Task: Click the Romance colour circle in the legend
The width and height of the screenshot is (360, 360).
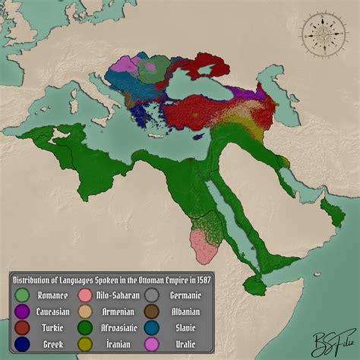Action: [x=24, y=295]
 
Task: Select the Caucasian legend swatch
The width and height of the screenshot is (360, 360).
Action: [x=24, y=311]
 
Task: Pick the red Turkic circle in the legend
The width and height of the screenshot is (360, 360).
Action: [x=24, y=327]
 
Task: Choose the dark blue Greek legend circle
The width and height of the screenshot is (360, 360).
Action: [x=24, y=343]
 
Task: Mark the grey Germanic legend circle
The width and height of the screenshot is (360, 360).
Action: [x=152, y=295]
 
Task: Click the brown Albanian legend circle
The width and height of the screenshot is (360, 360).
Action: [x=152, y=311]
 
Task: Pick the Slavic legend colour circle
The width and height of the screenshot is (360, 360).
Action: [x=152, y=327]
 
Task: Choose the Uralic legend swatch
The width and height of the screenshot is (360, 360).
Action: [x=152, y=343]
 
